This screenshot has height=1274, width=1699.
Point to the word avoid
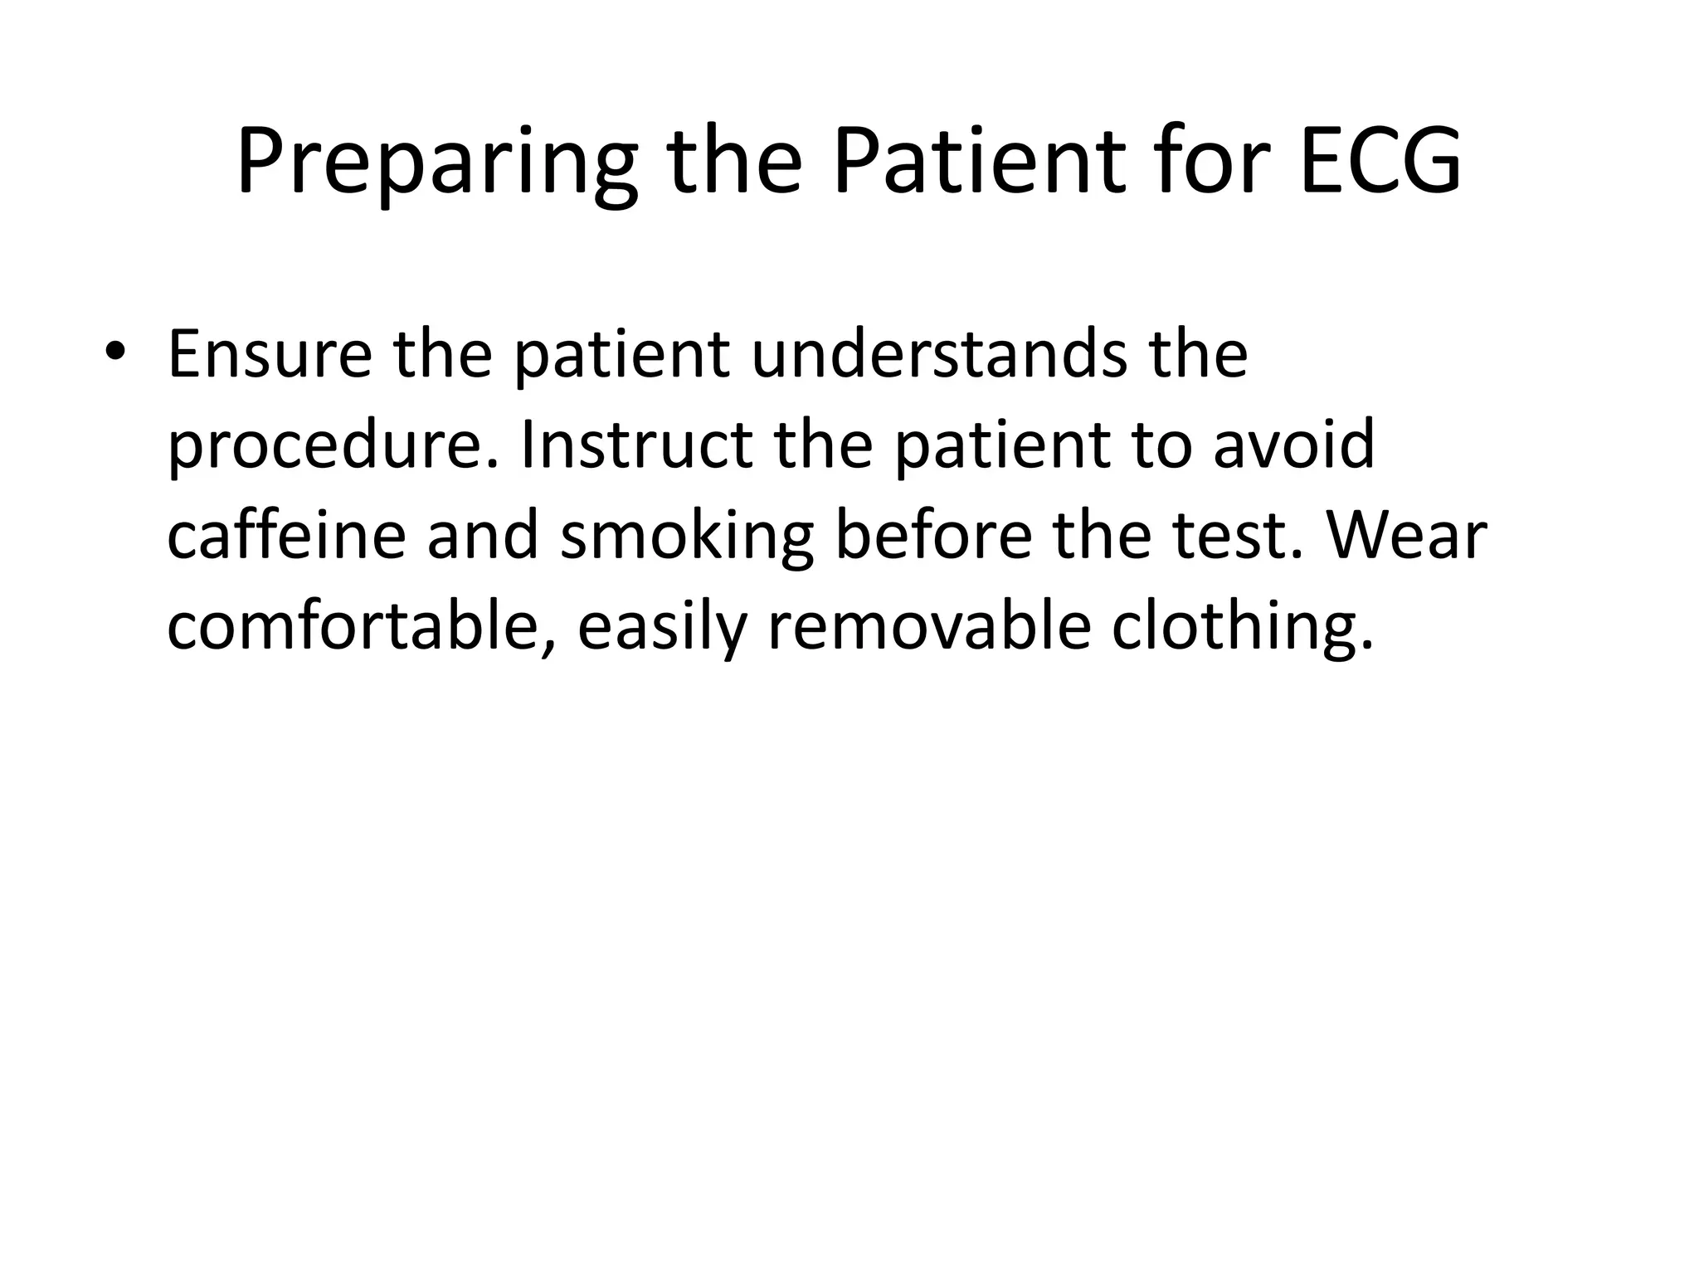click(x=1294, y=445)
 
